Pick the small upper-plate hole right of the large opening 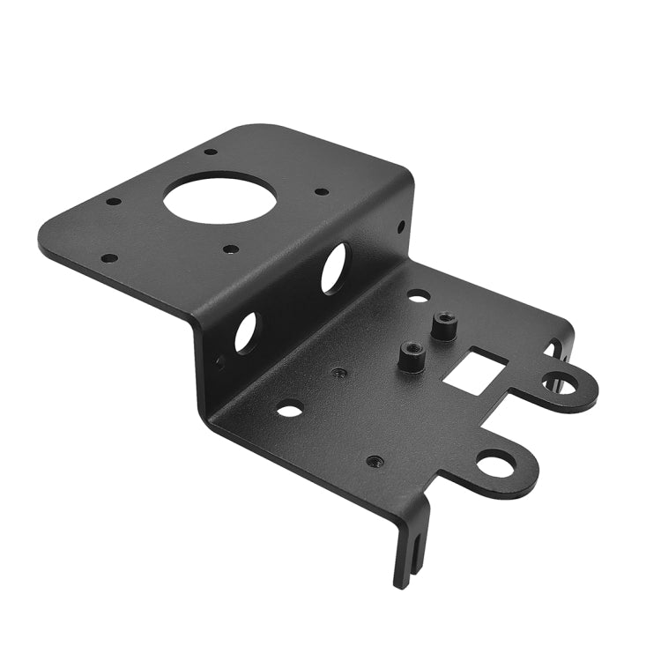coord(322,190)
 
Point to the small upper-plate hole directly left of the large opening coord(114,201)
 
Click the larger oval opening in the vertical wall coord(334,268)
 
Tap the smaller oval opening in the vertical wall coord(246,332)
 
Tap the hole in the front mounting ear coord(496,463)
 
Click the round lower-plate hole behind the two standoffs coord(419,296)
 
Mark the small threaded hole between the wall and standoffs coord(338,372)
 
